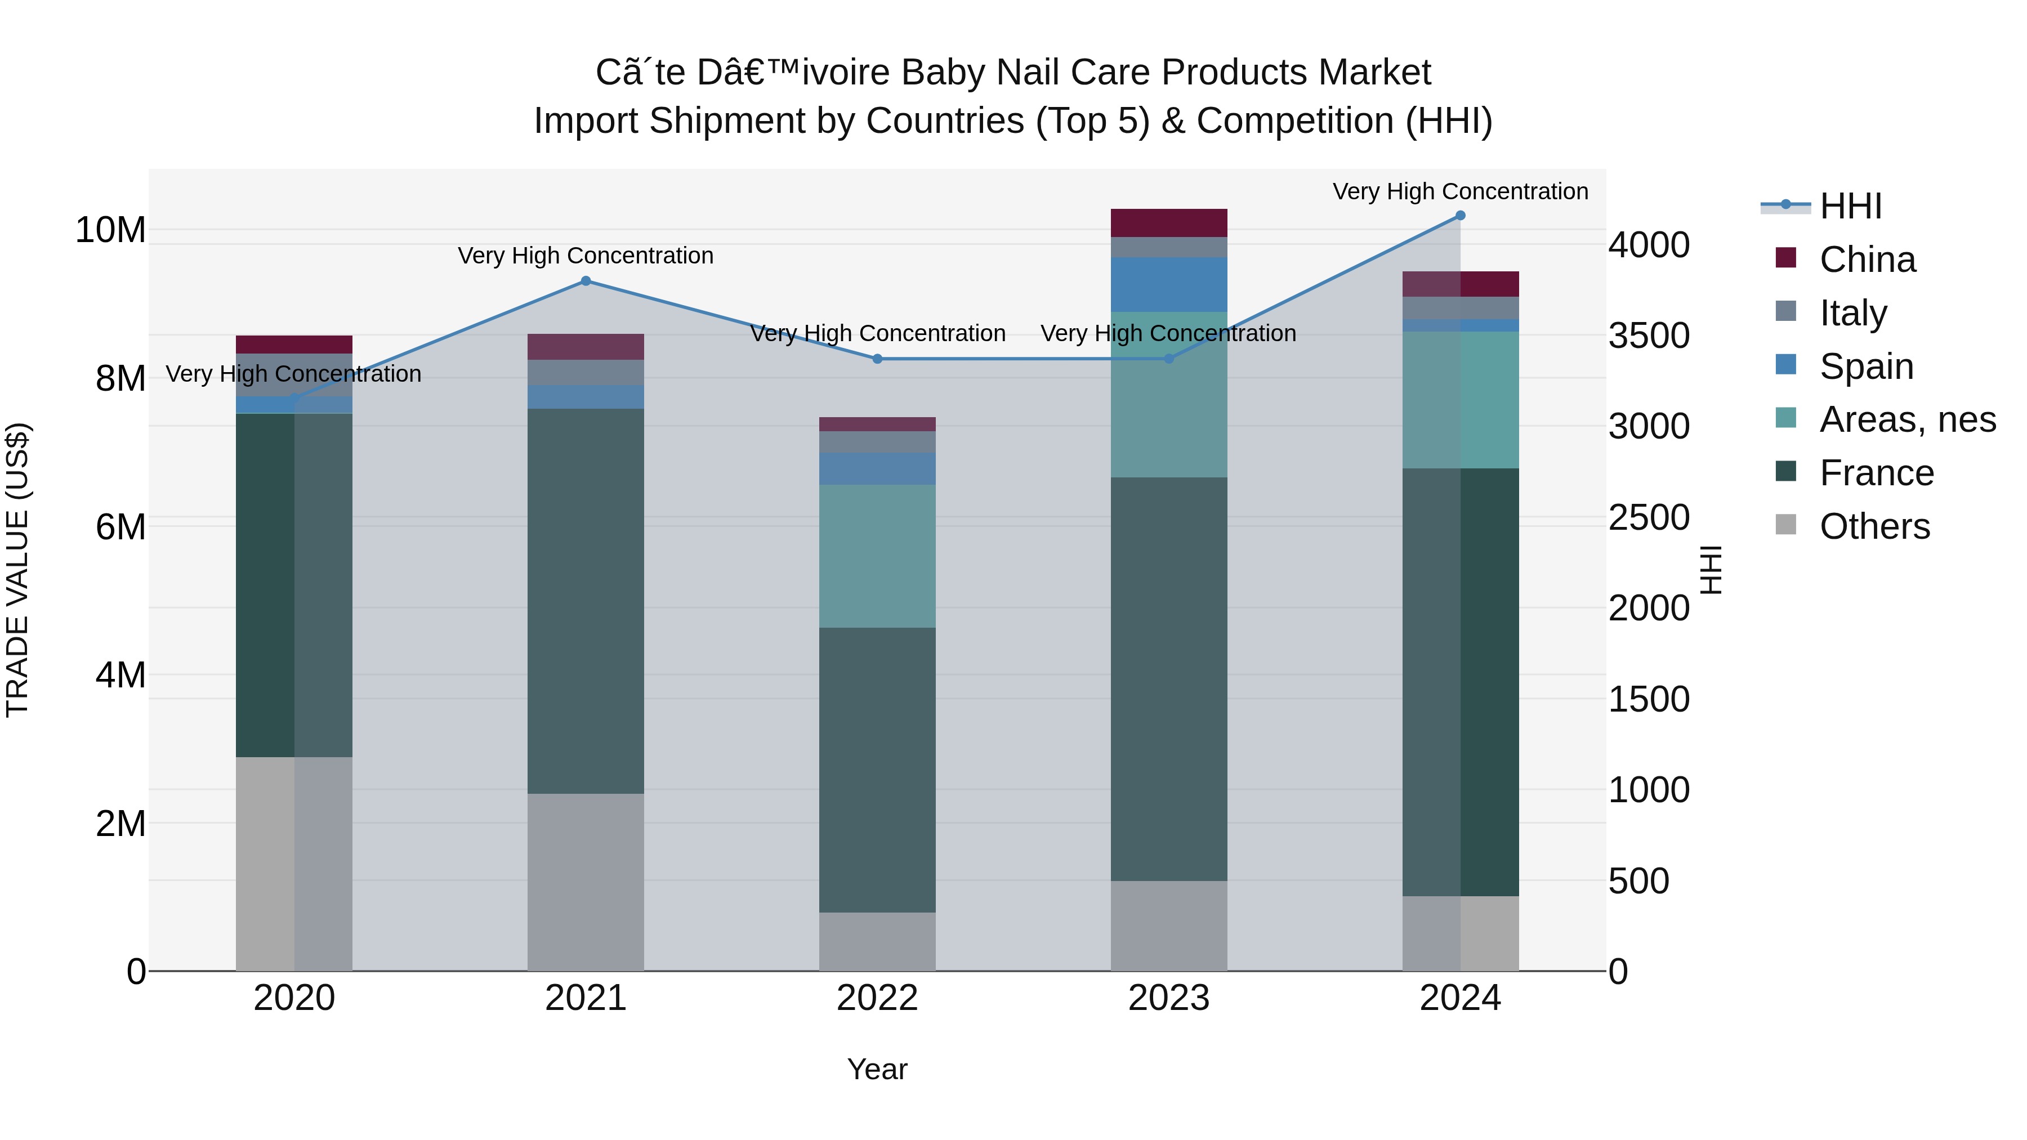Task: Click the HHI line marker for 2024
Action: click(x=1461, y=216)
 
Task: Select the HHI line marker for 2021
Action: click(x=586, y=281)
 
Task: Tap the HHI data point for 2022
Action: click(x=877, y=359)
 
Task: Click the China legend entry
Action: click(x=1867, y=260)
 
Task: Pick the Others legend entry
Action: click(x=1874, y=526)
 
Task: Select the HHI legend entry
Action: click(x=1850, y=206)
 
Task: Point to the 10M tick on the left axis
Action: click(x=110, y=230)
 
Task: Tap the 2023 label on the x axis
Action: click(x=1168, y=998)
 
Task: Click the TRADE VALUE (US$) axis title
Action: click(x=17, y=570)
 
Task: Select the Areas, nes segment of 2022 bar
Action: click(x=877, y=556)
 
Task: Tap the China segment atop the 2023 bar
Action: click(x=1168, y=222)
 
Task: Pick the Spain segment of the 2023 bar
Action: click(x=1168, y=284)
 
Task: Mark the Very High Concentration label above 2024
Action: click(x=1461, y=191)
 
